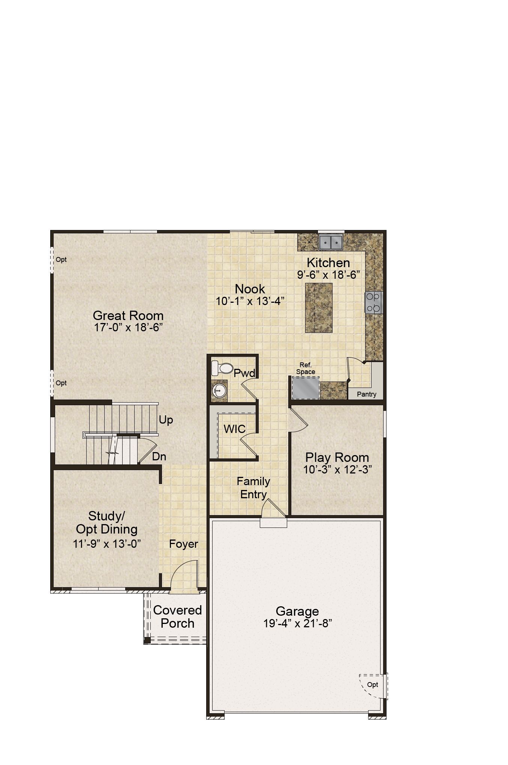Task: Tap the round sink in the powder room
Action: click(x=219, y=391)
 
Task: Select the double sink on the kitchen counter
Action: click(x=331, y=242)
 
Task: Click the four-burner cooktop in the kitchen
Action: click(x=373, y=303)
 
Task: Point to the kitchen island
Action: click(x=319, y=308)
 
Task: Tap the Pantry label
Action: click(x=367, y=394)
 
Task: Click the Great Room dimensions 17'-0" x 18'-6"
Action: click(x=128, y=328)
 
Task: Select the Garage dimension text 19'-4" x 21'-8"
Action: click(x=298, y=624)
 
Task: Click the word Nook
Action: click(x=250, y=289)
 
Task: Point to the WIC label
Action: click(x=235, y=429)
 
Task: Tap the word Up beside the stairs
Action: click(x=166, y=420)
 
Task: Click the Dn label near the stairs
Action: click(x=159, y=457)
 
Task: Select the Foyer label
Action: click(x=183, y=544)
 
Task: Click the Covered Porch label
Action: click(x=177, y=617)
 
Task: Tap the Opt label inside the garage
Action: click(x=373, y=685)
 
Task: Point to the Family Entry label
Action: click(x=253, y=488)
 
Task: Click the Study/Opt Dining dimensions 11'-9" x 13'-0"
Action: click(x=107, y=544)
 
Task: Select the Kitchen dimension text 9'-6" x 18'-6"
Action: click(x=329, y=275)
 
